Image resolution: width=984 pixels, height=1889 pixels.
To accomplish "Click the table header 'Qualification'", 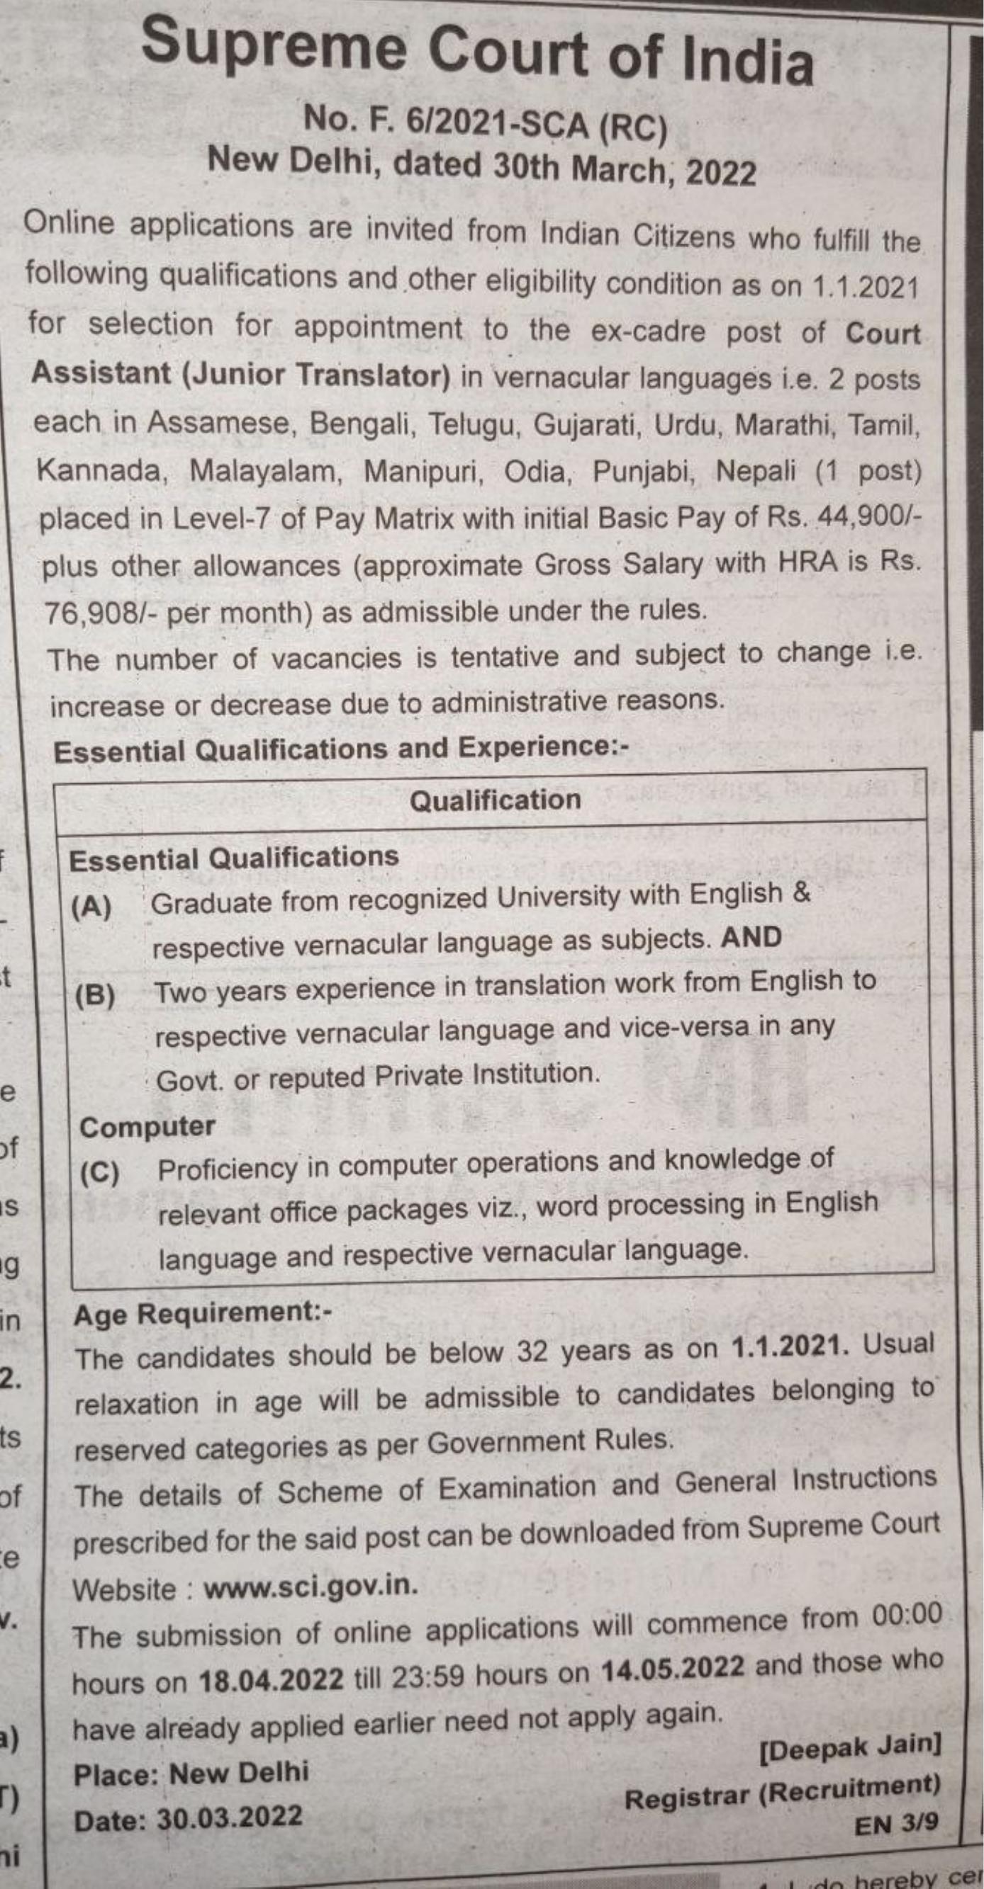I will click(495, 800).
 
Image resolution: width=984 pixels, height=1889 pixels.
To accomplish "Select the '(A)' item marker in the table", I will click(91, 907).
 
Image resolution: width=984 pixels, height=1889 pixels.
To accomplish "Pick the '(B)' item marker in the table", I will click(95, 995).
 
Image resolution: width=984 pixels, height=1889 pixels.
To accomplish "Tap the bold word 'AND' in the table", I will click(751, 938).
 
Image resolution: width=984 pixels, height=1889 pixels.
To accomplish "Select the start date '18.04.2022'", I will click(271, 1679).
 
